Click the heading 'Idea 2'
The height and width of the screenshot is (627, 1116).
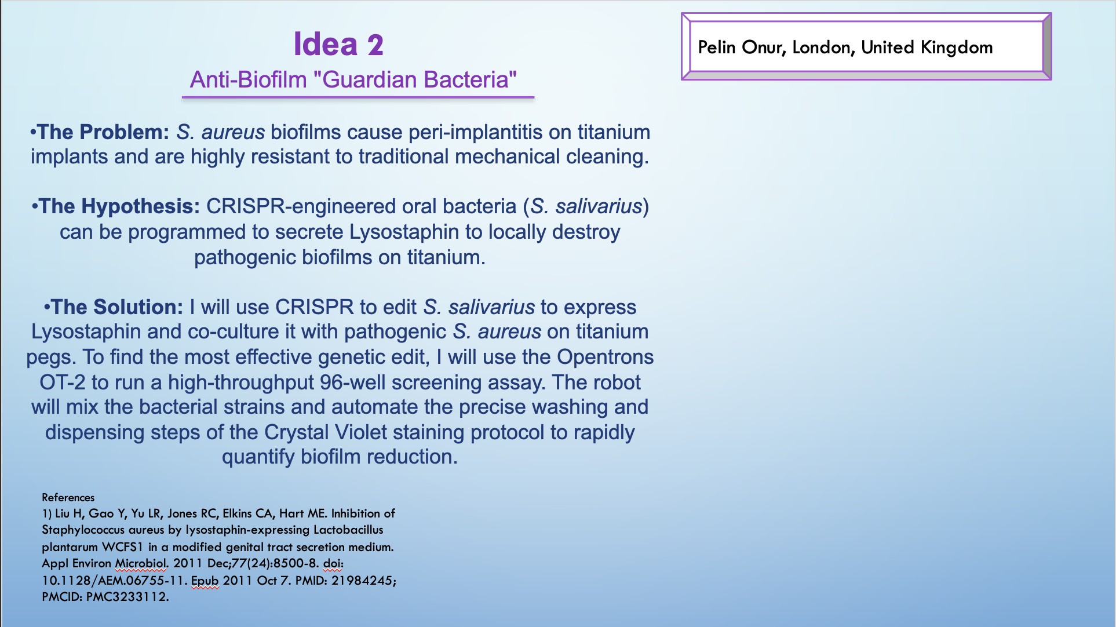[338, 45]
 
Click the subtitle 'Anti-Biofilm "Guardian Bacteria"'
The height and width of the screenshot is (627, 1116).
[353, 80]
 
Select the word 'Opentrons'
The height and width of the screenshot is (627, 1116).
[605, 357]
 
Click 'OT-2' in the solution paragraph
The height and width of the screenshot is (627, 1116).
[62, 382]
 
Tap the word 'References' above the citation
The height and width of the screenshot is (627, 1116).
[68, 497]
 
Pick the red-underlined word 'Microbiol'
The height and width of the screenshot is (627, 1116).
[141, 563]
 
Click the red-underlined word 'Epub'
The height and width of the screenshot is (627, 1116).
[205, 580]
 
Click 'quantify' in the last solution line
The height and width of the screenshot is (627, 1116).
[258, 457]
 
